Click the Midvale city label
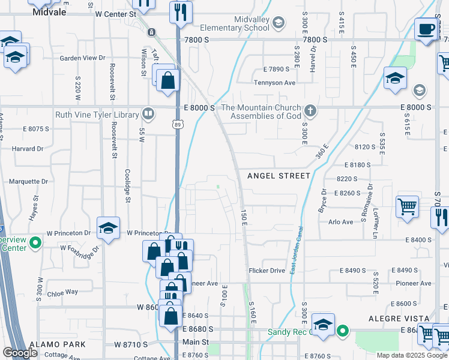pyautogui.click(x=49, y=11)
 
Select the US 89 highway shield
pyautogui.click(x=177, y=124)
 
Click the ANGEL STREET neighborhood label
pyautogui.click(x=279, y=175)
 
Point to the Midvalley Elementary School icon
pyautogui.click(x=278, y=23)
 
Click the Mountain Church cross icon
pyautogui.click(x=310, y=110)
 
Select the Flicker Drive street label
pyautogui.click(x=267, y=271)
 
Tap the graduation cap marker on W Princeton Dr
pyautogui.click(x=108, y=229)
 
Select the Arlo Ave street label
pyautogui.click(x=341, y=222)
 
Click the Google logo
pyautogui.click(x=20, y=353)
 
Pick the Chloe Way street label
pyautogui.click(x=63, y=292)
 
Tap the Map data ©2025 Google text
pyautogui.click(x=412, y=355)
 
